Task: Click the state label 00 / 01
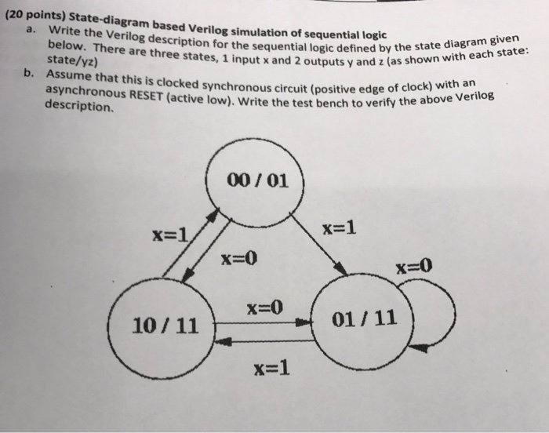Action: [x=258, y=180]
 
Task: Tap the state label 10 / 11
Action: [x=165, y=326]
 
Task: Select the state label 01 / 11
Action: [x=364, y=318]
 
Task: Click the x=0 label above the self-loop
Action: [x=414, y=267]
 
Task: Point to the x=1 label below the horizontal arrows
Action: [x=272, y=368]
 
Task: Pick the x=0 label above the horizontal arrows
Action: [x=265, y=308]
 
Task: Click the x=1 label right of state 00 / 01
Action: [x=340, y=228]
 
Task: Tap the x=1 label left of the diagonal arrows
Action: [x=170, y=235]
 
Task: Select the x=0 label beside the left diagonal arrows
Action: [x=238, y=259]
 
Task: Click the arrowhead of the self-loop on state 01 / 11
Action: [x=418, y=348]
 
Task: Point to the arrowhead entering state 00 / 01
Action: [x=213, y=214]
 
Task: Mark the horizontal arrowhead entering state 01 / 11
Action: [x=304, y=322]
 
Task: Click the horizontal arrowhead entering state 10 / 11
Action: [x=223, y=341]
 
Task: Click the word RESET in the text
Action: [x=146, y=95]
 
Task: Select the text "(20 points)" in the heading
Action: [x=35, y=16]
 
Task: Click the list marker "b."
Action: [x=29, y=73]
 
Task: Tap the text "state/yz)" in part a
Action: [x=72, y=60]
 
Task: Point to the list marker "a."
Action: [x=31, y=30]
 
